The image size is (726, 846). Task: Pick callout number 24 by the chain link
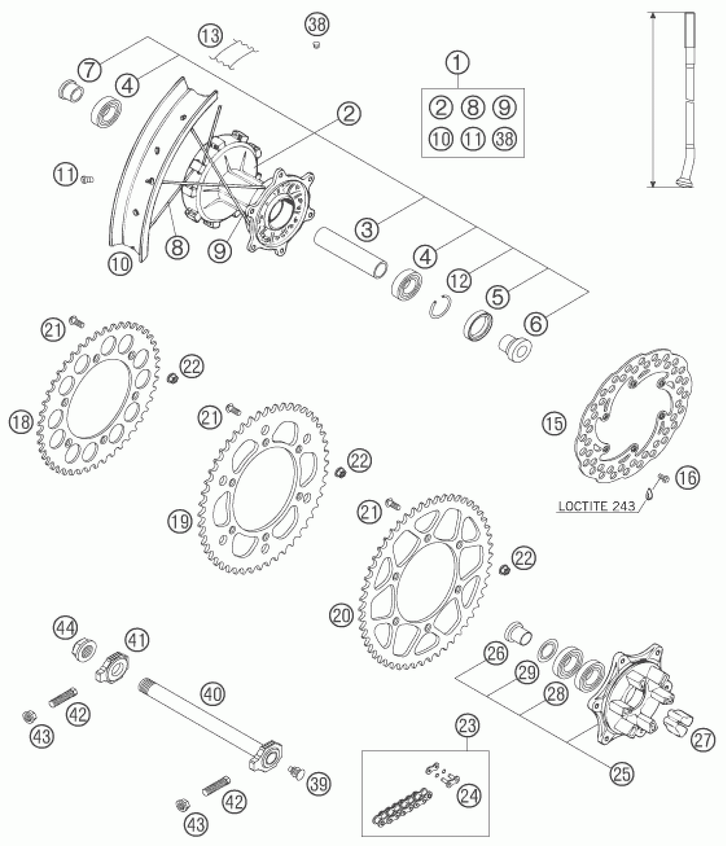469,795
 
